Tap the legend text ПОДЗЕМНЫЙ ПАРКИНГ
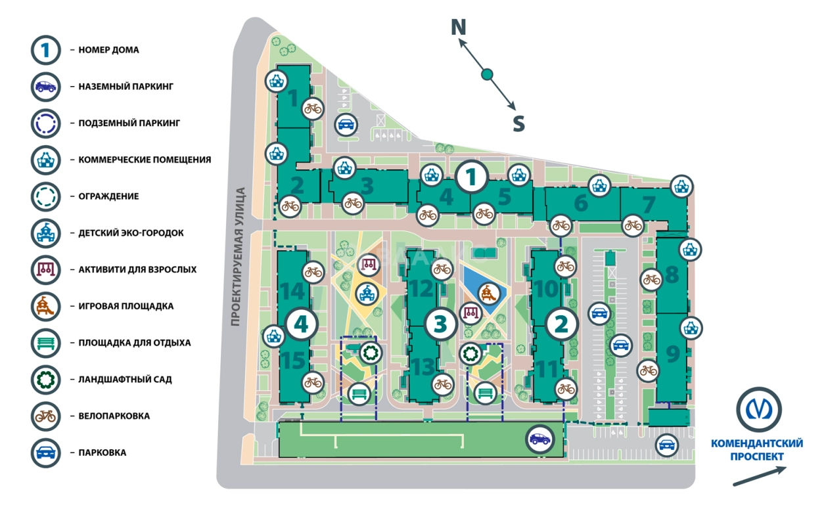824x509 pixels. [x=129, y=123]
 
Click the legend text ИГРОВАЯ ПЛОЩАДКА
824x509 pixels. [x=126, y=306]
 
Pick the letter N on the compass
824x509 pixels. [x=458, y=28]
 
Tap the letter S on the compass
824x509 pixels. [x=518, y=123]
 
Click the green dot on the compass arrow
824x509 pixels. [x=487, y=75]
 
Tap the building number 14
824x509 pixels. [x=292, y=290]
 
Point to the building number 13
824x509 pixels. [x=424, y=366]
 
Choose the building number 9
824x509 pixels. [x=672, y=355]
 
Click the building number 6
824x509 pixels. [x=580, y=204]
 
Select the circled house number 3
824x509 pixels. [x=441, y=323]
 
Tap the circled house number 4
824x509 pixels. [x=302, y=323]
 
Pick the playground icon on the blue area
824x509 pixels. [x=487, y=292]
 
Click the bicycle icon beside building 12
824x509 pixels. [x=443, y=269]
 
